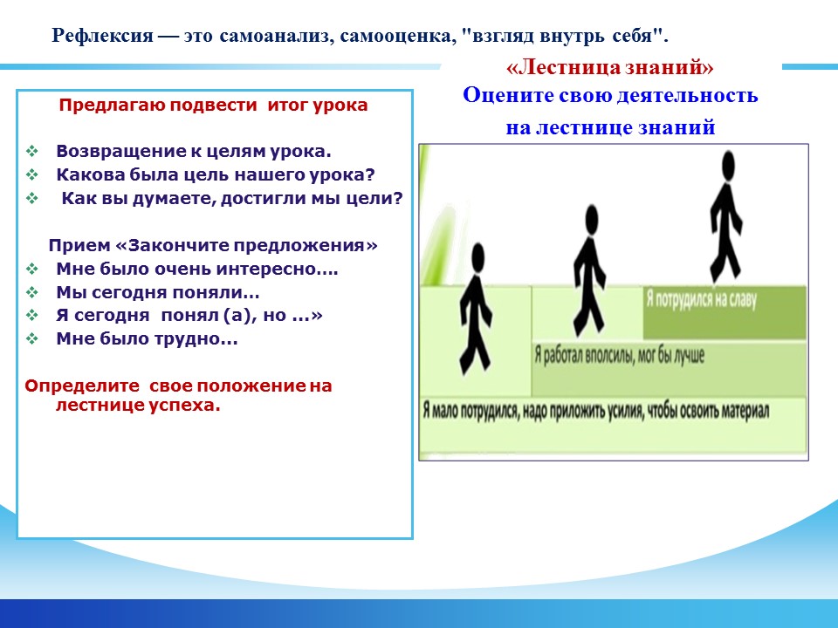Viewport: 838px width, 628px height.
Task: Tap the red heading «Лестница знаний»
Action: point(610,67)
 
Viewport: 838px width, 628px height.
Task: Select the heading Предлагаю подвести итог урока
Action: point(213,106)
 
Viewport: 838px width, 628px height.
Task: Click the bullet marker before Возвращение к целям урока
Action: point(32,151)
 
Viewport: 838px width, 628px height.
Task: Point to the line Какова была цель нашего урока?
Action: point(216,174)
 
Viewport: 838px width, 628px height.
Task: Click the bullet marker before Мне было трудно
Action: point(32,338)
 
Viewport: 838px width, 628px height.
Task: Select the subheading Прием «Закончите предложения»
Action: point(213,245)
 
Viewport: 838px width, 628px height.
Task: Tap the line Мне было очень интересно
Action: point(197,269)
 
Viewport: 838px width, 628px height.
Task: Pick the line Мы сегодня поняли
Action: point(158,292)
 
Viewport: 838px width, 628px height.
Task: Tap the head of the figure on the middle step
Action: point(591,219)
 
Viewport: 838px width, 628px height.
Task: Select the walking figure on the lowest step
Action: point(475,309)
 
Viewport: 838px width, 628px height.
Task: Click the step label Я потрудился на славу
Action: point(701,299)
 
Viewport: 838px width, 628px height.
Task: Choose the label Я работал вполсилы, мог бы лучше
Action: point(620,355)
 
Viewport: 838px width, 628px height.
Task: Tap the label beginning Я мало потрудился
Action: point(596,411)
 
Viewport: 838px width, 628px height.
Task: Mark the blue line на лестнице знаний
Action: point(610,127)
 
